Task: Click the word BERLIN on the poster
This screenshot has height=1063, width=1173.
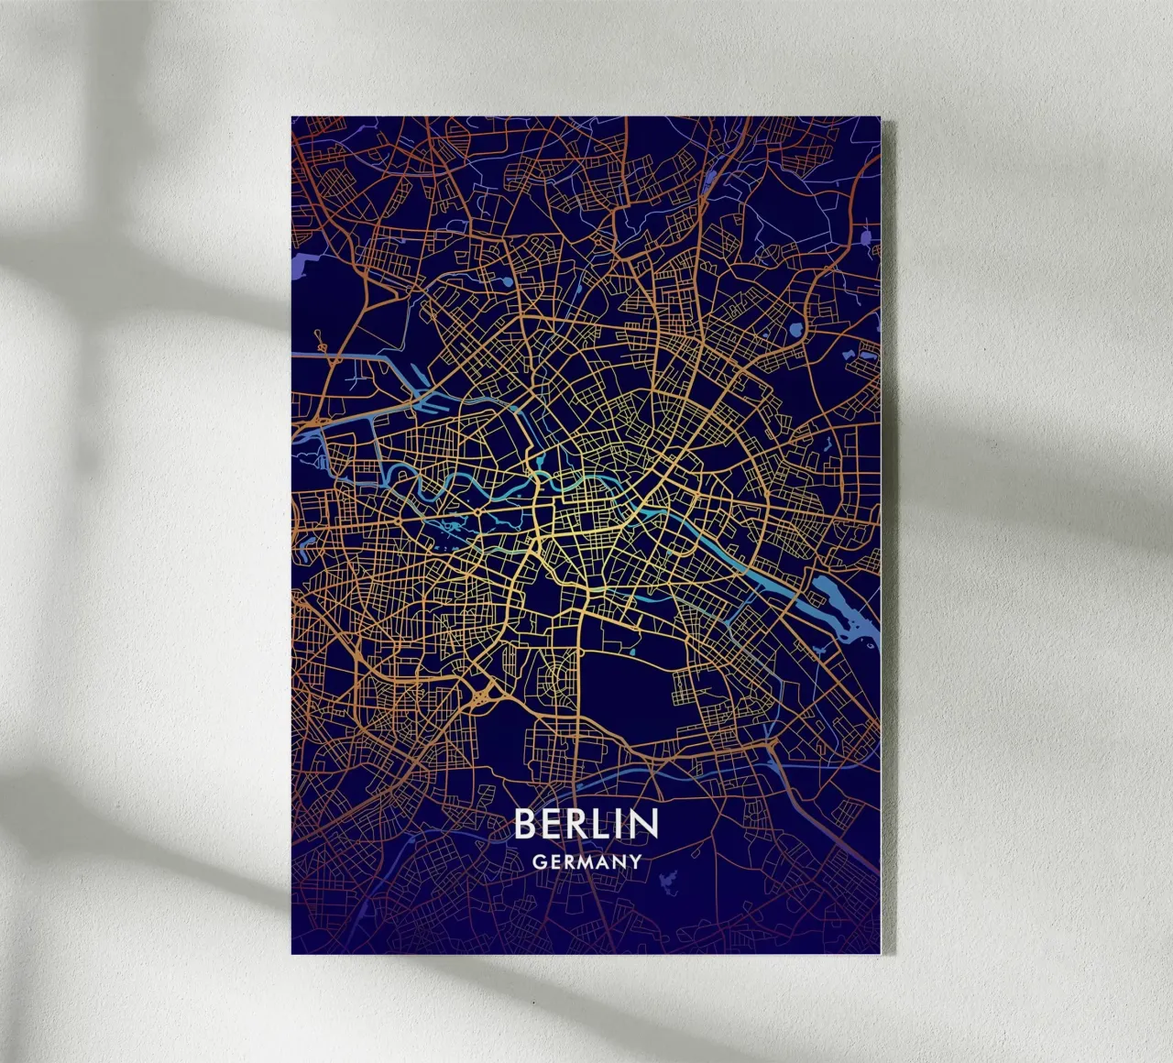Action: [x=586, y=824]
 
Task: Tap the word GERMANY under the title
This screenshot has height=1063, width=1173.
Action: [x=586, y=862]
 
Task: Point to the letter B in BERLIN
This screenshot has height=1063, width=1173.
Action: [x=524, y=824]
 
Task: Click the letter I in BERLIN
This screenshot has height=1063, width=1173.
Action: [x=619, y=824]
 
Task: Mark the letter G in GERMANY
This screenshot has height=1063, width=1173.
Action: [x=538, y=862]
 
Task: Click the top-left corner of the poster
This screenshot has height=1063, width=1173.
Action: [x=292, y=116]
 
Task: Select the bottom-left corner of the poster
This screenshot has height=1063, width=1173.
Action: [x=292, y=953]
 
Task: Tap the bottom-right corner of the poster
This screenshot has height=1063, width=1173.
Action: [x=880, y=953]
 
